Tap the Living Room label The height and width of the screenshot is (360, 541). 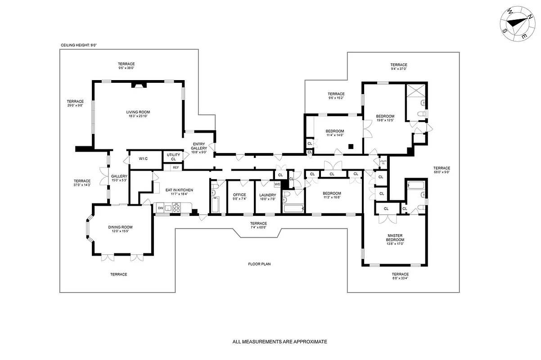(138, 114)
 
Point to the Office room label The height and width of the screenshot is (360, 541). (239, 197)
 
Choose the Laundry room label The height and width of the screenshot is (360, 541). (267, 197)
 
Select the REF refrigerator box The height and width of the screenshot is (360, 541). (176, 167)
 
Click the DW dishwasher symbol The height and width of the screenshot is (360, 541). (160, 208)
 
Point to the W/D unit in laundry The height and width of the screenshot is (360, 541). (277, 184)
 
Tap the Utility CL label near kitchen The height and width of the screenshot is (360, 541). (173, 157)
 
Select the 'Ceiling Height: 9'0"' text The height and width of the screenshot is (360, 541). (79, 45)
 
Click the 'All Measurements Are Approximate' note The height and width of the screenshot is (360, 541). (280, 342)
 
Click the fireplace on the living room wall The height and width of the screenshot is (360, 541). (138, 85)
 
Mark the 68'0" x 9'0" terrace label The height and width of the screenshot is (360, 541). (442, 170)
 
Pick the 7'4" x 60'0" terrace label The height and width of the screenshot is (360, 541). (258, 225)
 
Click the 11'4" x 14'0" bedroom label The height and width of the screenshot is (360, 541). (334, 133)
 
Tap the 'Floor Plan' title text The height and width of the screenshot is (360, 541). (259, 264)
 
